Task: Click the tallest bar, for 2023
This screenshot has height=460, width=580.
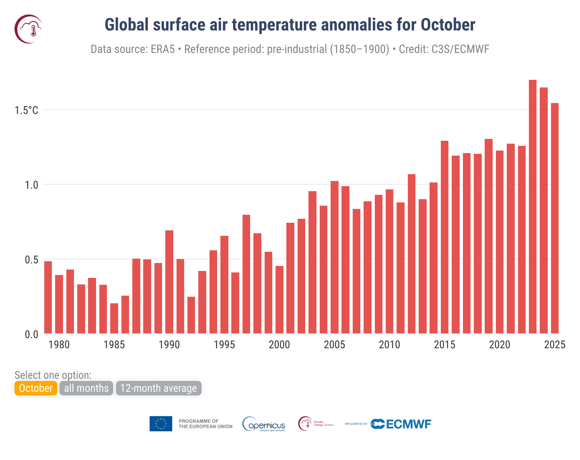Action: tap(533, 207)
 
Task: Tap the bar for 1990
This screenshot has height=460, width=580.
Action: tap(169, 282)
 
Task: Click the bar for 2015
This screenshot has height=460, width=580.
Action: tap(444, 237)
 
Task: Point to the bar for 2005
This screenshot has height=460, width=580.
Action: tap(335, 257)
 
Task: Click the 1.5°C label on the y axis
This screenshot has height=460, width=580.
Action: tap(26, 110)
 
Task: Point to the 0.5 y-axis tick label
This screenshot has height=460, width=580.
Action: tap(31, 260)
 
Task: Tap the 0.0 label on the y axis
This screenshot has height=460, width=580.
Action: tap(31, 334)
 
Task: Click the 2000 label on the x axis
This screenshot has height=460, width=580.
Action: tap(279, 345)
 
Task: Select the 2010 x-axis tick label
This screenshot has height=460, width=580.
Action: tap(389, 345)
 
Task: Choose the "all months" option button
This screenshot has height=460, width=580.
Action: tap(86, 388)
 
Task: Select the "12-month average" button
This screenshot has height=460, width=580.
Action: tap(158, 388)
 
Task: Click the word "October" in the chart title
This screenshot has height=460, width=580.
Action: tap(448, 25)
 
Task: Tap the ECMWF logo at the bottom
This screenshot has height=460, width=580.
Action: tap(401, 424)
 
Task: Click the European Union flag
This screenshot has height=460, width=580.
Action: tap(161, 424)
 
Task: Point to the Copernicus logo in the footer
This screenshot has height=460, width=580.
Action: tap(264, 424)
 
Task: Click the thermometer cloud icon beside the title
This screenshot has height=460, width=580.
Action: tap(29, 29)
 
